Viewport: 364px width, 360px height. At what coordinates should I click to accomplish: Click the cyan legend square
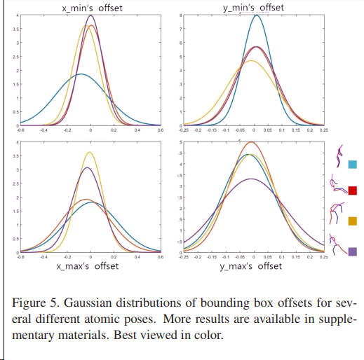pos(353,165)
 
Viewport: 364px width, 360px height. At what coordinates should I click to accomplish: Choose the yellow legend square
pos(353,221)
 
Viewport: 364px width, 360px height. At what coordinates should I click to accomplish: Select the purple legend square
pos(353,251)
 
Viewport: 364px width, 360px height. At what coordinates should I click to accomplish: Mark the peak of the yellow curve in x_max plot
pos(89,152)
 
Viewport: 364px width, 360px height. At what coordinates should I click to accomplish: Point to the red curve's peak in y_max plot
pos(252,142)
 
